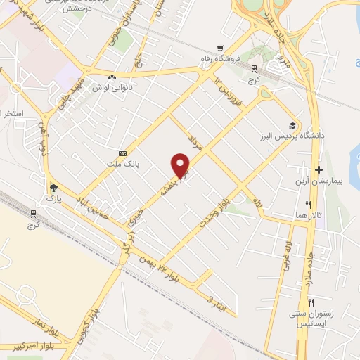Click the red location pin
click(x=181, y=165)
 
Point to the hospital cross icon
click(x=319, y=169)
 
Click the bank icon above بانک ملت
click(x=123, y=153)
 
